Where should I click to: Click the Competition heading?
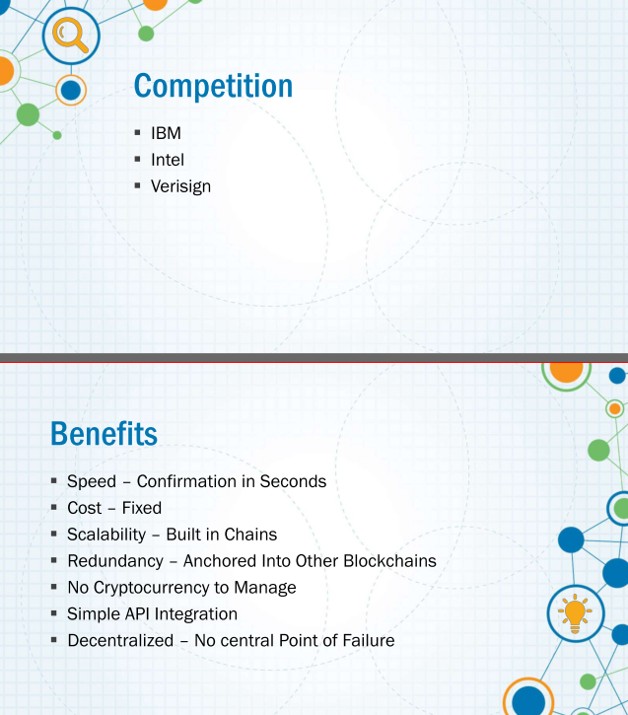tap(213, 86)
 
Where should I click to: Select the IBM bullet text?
tap(166, 133)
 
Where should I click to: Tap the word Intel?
tap(168, 160)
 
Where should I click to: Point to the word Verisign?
tap(181, 186)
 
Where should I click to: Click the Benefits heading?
tap(104, 433)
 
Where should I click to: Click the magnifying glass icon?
tap(70, 35)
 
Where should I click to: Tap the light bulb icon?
tap(575, 613)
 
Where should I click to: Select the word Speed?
tap(92, 481)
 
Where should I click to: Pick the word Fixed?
tap(142, 508)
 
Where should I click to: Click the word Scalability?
tap(106, 535)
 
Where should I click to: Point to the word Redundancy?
tap(115, 561)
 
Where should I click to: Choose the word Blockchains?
tap(389, 561)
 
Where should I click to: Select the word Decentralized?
tap(120, 640)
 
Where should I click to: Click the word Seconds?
tap(293, 481)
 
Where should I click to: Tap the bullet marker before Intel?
tap(138, 159)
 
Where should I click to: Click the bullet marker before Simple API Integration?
tap(54, 613)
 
